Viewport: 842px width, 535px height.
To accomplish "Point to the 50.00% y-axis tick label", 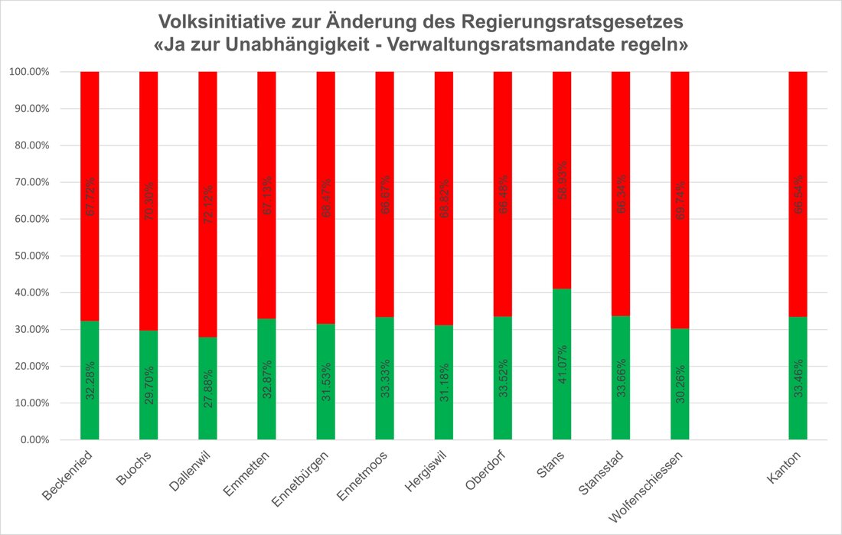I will pos(29,256).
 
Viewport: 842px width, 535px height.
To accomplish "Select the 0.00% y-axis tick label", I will pos(31,440).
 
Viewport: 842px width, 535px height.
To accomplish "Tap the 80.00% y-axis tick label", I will pos(29,145).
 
